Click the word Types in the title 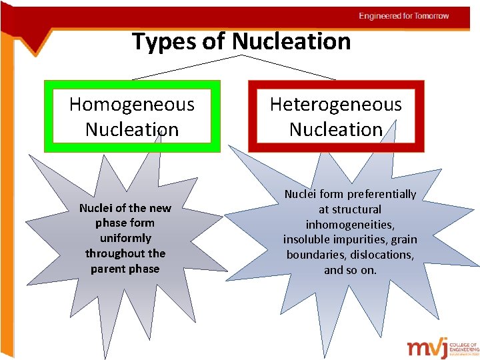coord(162,41)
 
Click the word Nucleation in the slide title coord(291,41)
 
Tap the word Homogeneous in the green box coord(132,105)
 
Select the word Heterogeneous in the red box coord(336,105)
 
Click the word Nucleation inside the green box coord(132,129)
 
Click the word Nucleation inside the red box coord(336,129)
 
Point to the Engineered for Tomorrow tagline coord(404,16)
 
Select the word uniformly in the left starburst coord(125,238)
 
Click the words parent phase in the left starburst coord(125,269)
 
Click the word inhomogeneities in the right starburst coord(350,225)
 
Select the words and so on coord(350,270)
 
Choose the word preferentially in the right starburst coord(379,194)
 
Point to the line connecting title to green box coord(180,67)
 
